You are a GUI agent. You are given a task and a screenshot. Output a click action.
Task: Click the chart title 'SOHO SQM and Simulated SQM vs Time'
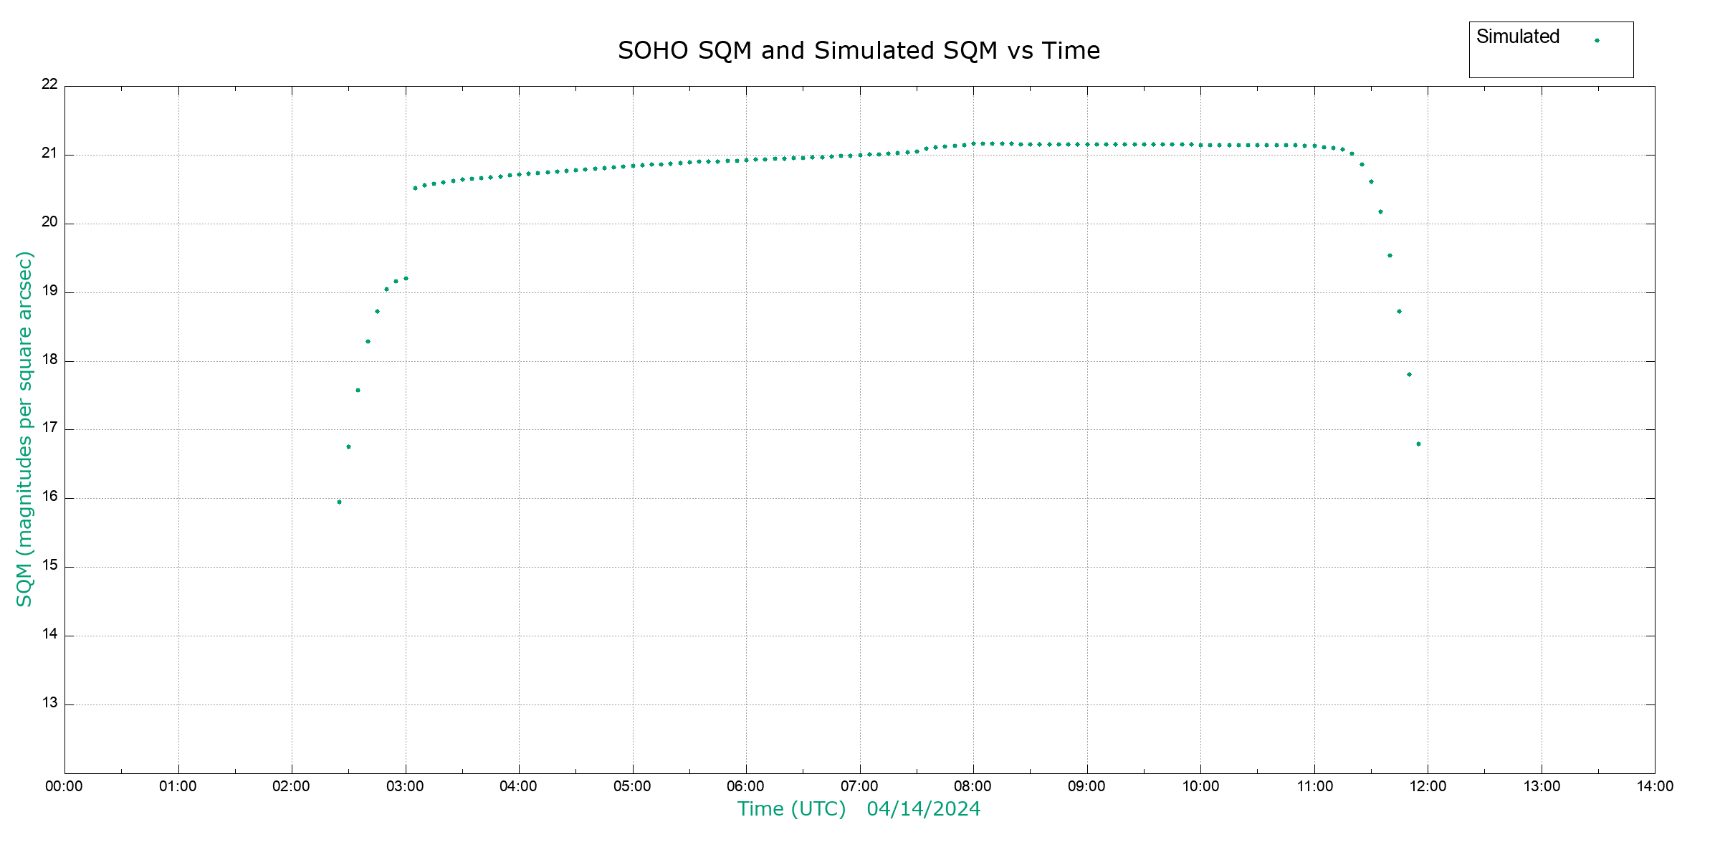[x=859, y=51]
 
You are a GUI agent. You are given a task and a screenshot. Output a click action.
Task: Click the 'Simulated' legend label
[x=1517, y=37]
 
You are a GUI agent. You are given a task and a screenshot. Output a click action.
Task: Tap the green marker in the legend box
[x=1597, y=41]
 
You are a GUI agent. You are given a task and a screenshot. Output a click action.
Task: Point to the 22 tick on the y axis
[x=49, y=84]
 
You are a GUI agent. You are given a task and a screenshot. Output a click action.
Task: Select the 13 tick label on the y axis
[x=49, y=703]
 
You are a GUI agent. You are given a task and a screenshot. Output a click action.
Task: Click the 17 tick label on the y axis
[x=49, y=428]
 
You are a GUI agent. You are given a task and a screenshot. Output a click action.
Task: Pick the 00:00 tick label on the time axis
[x=64, y=786]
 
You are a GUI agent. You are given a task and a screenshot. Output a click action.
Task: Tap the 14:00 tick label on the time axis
[x=1655, y=786]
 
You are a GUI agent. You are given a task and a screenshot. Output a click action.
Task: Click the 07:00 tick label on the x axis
[x=859, y=786]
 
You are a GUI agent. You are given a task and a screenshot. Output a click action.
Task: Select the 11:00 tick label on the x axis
[x=1314, y=786]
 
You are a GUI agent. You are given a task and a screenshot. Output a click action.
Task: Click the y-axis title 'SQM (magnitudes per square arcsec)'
[x=24, y=429]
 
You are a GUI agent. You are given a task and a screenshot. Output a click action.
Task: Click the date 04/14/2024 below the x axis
[x=923, y=809]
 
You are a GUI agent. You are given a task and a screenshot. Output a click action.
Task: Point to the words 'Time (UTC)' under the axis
[x=791, y=809]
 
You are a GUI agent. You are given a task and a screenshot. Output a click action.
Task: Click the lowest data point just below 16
[x=339, y=502]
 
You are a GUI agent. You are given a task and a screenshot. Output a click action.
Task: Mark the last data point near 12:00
[x=1418, y=444]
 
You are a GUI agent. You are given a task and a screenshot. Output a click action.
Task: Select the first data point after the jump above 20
[x=415, y=188]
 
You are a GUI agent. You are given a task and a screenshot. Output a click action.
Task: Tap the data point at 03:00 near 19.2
[x=406, y=279]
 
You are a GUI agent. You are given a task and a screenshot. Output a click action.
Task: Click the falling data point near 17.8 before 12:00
[x=1409, y=375]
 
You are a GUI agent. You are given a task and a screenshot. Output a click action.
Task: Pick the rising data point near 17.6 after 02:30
[x=358, y=391]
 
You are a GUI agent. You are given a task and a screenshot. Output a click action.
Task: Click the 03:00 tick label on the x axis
[x=405, y=786]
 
